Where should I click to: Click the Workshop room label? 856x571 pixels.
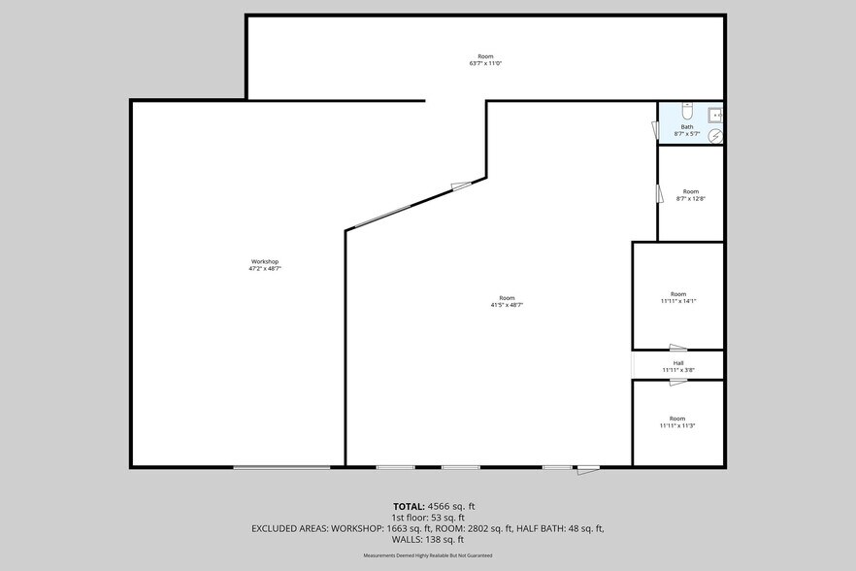pyautogui.click(x=265, y=261)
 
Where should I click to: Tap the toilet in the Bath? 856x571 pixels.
pyautogui.click(x=687, y=110)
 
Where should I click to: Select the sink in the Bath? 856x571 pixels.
pyautogui.click(x=714, y=115)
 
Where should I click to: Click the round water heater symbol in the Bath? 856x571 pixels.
pyautogui.click(x=716, y=135)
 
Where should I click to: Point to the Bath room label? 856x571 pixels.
pyautogui.click(x=687, y=127)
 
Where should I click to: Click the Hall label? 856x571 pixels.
pyautogui.click(x=678, y=363)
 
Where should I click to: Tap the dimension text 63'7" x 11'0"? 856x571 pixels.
pyautogui.click(x=485, y=63)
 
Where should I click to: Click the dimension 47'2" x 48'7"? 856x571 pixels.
pyautogui.click(x=265, y=268)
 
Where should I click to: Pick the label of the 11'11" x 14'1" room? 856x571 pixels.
pyautogui.click(x=678, y=294)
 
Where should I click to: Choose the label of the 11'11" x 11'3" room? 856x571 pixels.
pyautogui.click(x=678, y=419)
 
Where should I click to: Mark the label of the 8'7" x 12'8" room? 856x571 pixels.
pyautogui.click(x=691, y=191)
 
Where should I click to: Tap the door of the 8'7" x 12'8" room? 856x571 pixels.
pyautogui.click(x=658, y=192)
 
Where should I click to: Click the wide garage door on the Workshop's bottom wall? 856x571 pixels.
pyautogui.click(x=281, y=468)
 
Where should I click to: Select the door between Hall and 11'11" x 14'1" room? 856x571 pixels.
pyautogui.click(x=677, y=348)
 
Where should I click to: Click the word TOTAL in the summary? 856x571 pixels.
pyautogui.click(x=409, y=506)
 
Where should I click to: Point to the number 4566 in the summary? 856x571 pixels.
pyautogui.click(x=440, y=506)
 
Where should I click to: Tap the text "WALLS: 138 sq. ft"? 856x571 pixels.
pyautogui.click(x=428, y=539)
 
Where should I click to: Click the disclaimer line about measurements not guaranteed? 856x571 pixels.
pyautogui.click(x=428, y=555)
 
